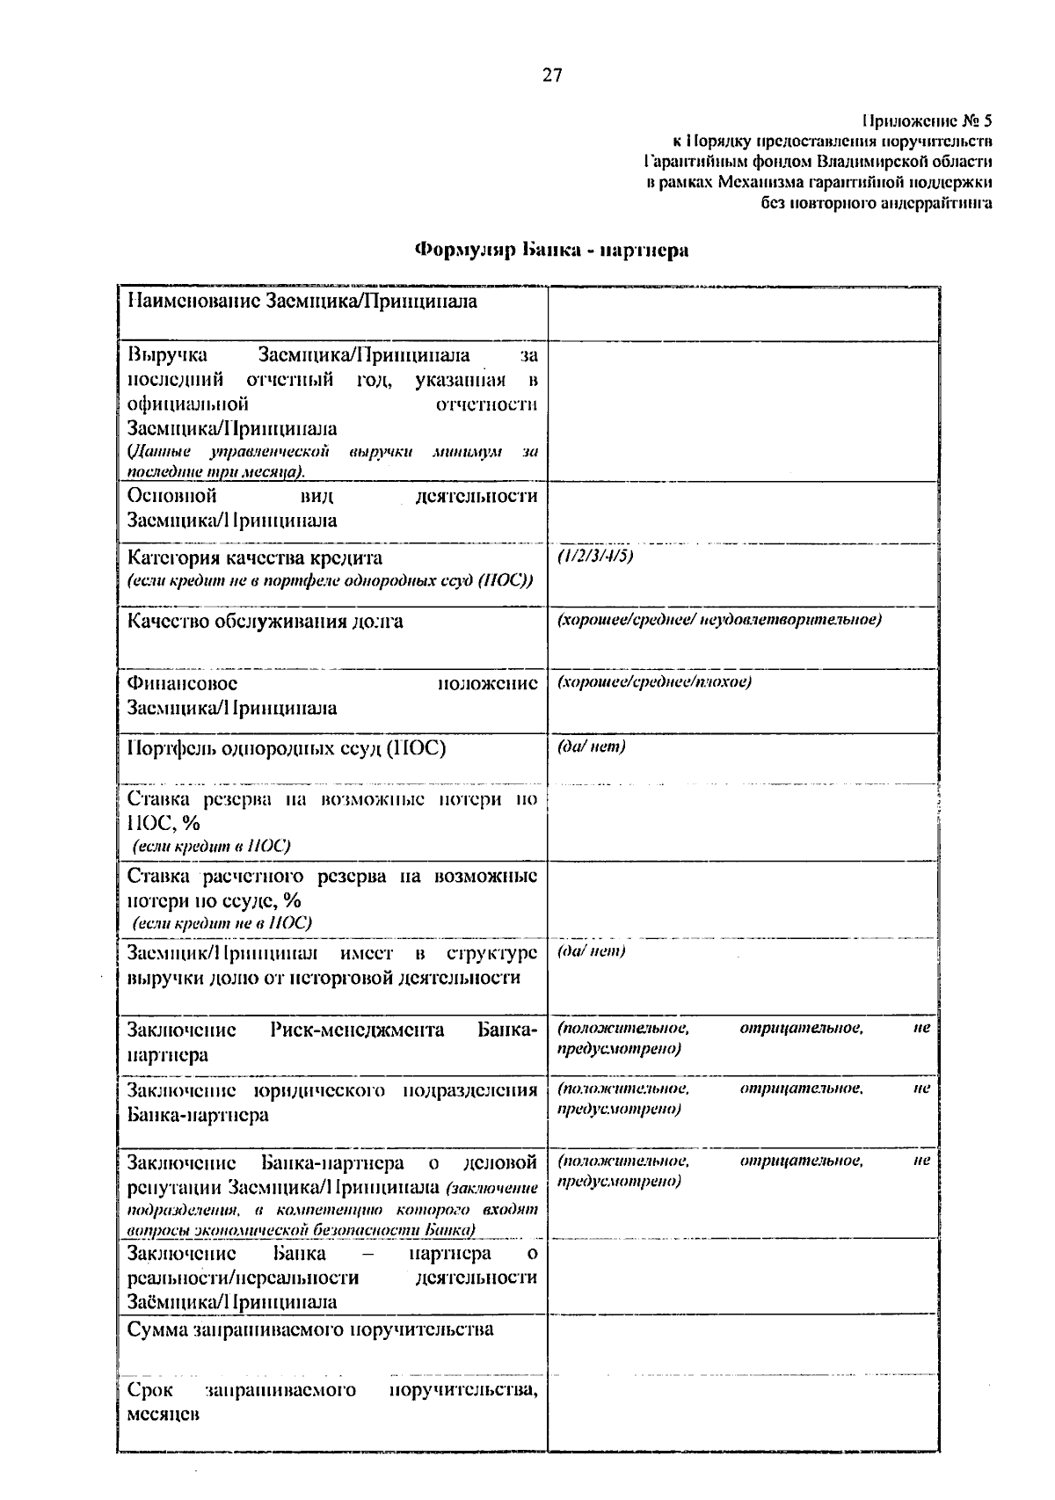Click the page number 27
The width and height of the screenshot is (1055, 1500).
click(551, 76)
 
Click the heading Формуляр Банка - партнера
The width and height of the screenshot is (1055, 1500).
click(551, 251)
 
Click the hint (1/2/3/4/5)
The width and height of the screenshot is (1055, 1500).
click(595, 556)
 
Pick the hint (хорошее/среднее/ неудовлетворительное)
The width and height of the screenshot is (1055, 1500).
click(719, 619)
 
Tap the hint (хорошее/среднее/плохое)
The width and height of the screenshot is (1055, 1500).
click(654, 681)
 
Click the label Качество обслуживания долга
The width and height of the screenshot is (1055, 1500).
click(266, 622)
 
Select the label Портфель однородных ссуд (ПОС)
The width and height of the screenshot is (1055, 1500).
click(287, 748)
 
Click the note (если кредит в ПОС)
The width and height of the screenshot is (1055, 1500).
click(211, 846)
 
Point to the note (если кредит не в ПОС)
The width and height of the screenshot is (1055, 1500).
click(222, 923)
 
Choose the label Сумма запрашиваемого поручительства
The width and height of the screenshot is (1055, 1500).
click(310, 1329)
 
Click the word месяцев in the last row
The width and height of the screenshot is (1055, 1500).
click(164, 1415)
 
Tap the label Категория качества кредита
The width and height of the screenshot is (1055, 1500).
click(255, 558)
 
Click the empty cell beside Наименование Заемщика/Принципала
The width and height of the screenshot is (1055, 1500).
click(743, 312)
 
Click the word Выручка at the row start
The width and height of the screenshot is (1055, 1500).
click(168, 355)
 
